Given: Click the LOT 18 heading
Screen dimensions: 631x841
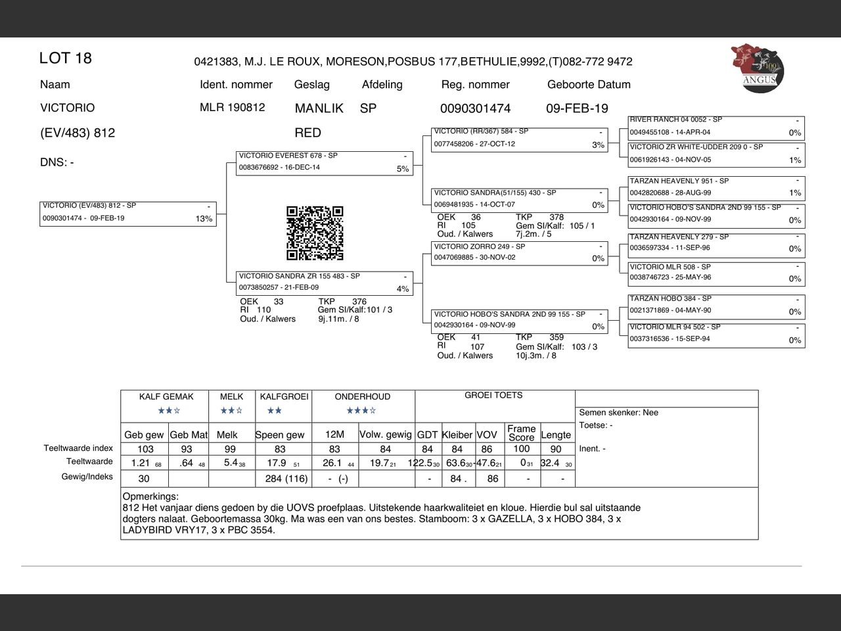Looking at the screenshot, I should point(66,58).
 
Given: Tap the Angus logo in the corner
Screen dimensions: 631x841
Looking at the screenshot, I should point(757,68).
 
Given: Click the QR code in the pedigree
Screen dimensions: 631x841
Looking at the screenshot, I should point(315,233).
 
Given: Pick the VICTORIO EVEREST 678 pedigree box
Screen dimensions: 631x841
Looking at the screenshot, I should point(325,163).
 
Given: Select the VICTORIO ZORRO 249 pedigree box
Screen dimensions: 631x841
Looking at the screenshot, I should point(519,253).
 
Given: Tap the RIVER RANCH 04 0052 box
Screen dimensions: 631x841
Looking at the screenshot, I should point(716,127).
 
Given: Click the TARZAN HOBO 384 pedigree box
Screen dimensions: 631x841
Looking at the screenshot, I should point(716,306).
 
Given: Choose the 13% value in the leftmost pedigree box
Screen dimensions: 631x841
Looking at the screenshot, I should point(204,220).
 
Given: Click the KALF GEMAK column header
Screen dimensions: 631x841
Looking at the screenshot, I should point(166,397).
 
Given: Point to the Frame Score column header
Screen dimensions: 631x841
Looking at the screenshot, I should point(521,432).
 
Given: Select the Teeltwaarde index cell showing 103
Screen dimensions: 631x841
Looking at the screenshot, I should point(145,450).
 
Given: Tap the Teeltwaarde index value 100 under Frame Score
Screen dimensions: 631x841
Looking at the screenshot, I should point(521,449).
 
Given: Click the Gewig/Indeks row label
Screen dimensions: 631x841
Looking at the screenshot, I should point(87,477).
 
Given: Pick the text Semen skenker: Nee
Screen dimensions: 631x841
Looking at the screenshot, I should point(618,413).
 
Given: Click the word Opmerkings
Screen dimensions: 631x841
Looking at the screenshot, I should point(150,497).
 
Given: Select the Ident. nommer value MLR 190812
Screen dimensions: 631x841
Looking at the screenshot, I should point(233,108).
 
